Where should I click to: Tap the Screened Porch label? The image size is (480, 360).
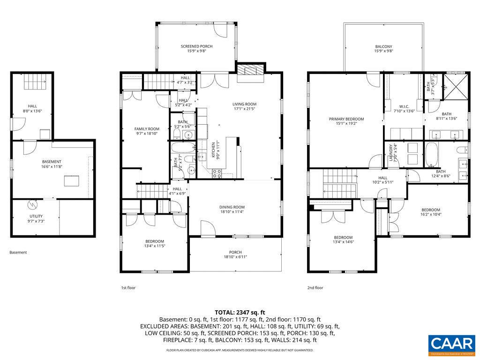coord(197,46)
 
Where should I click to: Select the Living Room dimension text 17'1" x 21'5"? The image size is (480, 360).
coord(244,109)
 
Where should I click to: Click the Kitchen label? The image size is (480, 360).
coord(213,150)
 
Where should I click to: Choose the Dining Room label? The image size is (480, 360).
coord(232,207)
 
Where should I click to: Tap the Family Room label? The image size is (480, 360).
coord(147,129)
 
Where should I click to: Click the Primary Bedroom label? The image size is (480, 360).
coord(346,119)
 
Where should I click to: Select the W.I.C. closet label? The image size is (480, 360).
coord(405,106)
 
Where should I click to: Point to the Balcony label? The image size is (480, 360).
coord(383,46)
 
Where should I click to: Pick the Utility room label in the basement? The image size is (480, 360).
coord(36,216)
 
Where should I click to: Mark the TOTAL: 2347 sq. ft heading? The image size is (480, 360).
coord(240,312)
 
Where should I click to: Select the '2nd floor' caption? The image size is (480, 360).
coord(315,288)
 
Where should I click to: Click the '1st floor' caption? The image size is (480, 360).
coord(128,288)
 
